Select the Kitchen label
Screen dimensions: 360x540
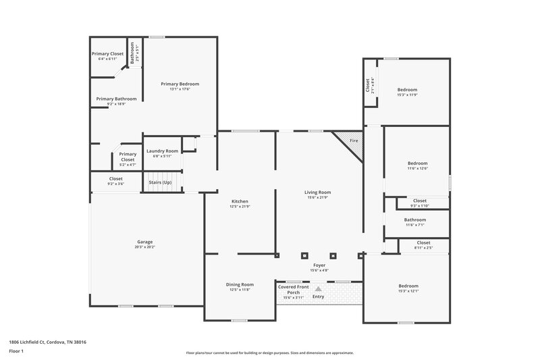click(240, 201)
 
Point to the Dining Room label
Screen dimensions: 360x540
click(240, 284)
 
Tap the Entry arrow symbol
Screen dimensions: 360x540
click(318, 288)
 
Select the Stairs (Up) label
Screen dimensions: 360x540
click(160, 182)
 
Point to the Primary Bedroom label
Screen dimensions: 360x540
click(180, 84)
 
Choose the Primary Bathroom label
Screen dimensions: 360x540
click(116, 99)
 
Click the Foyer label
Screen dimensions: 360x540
click(319, 265)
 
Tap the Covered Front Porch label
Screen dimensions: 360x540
click(294, 289)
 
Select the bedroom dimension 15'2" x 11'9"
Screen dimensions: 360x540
click(407, 95)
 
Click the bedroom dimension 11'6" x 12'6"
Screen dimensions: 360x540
click(417, 168)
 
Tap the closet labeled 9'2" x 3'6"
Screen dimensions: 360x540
click(115, 184)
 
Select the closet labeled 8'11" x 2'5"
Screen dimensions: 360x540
click(423, 248)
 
